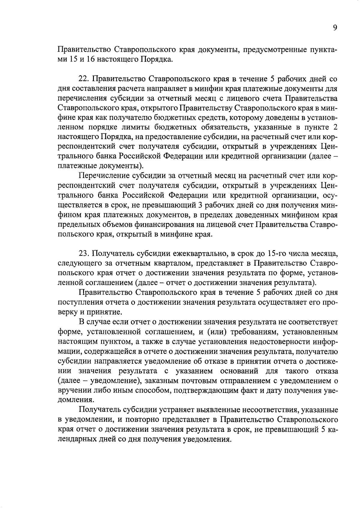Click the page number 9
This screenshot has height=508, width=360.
point(335,28)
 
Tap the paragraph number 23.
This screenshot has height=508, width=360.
point(83,254)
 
